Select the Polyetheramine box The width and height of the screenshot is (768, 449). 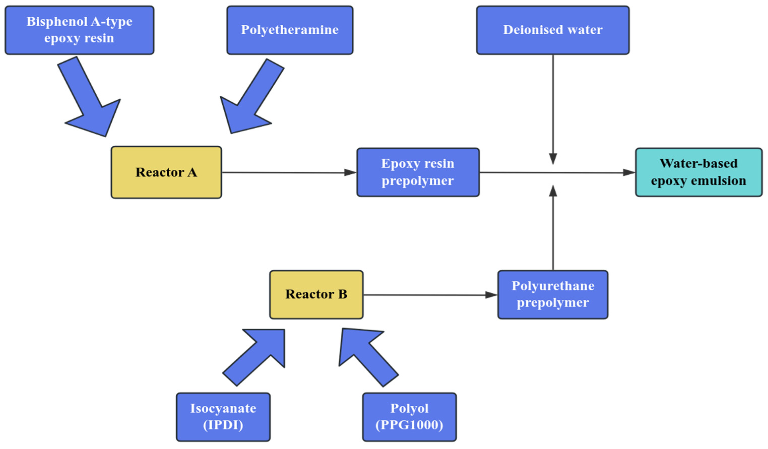coord(290,30)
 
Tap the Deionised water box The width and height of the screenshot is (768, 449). coord(553,30)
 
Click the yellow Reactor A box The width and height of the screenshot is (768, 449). coord(166,172)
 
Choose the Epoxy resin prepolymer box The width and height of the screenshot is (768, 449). coord(418,172)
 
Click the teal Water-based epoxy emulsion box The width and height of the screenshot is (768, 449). coord(699,172)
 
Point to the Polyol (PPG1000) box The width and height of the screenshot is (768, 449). coord(409,417)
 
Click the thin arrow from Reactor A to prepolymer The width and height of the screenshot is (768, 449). coord(289,173)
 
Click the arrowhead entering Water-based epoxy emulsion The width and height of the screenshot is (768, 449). coord(629,173)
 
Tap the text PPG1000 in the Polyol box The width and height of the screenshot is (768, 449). coord(409,425)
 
